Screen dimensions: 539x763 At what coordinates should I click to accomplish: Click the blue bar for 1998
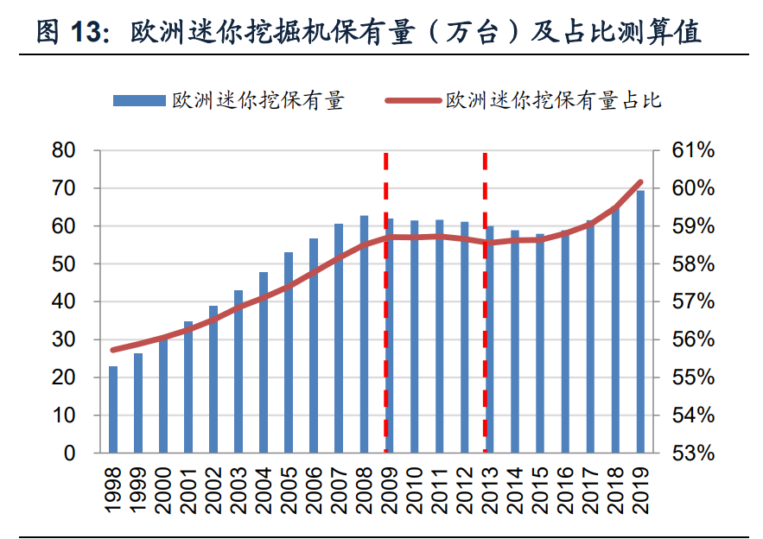tap(113, 409)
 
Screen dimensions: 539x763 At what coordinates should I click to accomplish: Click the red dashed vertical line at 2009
tap(386, 302)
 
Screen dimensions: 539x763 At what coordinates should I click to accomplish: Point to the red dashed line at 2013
tap(486, 302)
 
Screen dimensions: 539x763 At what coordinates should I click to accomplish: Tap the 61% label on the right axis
tap(694, 150)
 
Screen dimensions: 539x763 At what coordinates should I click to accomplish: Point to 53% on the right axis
tap(694, 453)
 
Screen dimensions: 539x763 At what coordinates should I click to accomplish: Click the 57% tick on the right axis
tap(694, 301)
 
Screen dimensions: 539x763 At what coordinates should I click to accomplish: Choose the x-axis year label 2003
tap(238, 488)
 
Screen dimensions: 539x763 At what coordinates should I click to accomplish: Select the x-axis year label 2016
tap(565, 488)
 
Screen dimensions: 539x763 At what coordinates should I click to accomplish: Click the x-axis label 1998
tap(113, 488)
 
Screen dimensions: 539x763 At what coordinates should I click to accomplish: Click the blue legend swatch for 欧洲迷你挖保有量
tap(138, 101)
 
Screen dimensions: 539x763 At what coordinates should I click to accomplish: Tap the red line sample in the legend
tap(412, 101)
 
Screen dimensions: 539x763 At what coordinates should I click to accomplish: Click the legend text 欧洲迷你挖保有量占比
tap(553, 101)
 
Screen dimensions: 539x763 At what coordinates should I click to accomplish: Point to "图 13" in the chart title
tap(73, 32)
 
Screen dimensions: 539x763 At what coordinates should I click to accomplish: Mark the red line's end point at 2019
tap(640, 182)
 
